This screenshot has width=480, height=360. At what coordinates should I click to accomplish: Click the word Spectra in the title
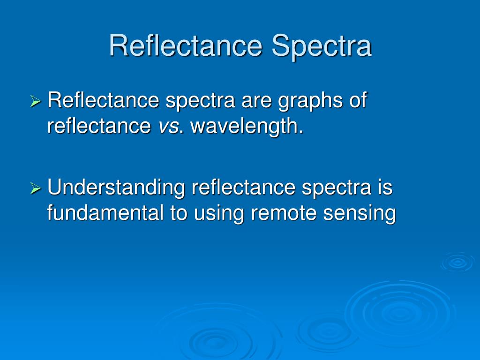(x=322, y=47)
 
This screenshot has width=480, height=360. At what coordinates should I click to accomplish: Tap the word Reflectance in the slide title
(x=186, y=45)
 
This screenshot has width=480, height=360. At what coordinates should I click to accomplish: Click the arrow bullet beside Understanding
(x=36, y=188)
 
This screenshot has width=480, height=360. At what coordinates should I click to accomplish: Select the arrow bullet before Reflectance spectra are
(x=36, y=101)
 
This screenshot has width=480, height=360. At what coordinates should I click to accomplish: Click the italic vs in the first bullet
(x=168, y=127)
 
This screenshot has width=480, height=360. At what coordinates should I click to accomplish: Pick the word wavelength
(x=244, y=127)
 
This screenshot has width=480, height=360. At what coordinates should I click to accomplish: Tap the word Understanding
(x=116, y=187)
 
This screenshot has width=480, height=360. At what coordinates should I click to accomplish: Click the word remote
(x=284, y=213)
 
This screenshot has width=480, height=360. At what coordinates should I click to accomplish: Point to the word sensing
(x=360, y=214)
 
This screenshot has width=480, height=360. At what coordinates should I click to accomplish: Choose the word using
(x=218, y=214)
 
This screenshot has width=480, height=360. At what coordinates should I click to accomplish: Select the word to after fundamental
(x=179, y=213)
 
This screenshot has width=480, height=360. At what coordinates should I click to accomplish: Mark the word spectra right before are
(x=200, y=102)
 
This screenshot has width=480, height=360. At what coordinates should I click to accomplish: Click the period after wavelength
(x=301, y=132)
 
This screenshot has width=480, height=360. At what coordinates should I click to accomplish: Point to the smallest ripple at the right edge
(x=457, y=262)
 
